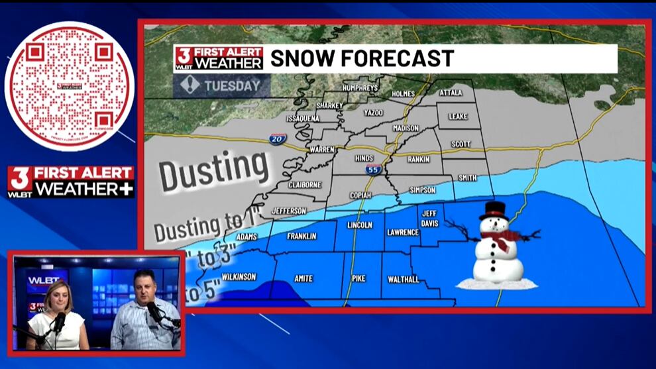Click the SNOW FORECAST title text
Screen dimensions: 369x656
[x=362, y=58]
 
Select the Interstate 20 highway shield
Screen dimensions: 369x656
[x=278, y=138]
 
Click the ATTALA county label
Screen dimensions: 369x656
[x=451, y=93]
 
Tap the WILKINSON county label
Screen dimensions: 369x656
[x=239, y=276]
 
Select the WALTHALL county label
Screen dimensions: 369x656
[x=403, y=280]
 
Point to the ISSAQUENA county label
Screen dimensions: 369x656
[x=303, y=118]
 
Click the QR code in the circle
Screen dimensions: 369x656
[x=70, y=86]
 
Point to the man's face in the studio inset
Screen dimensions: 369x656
[x=144, y=287]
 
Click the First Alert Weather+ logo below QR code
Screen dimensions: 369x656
[x=71, y=182]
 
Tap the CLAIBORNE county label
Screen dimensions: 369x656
[x=305, y=185]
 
